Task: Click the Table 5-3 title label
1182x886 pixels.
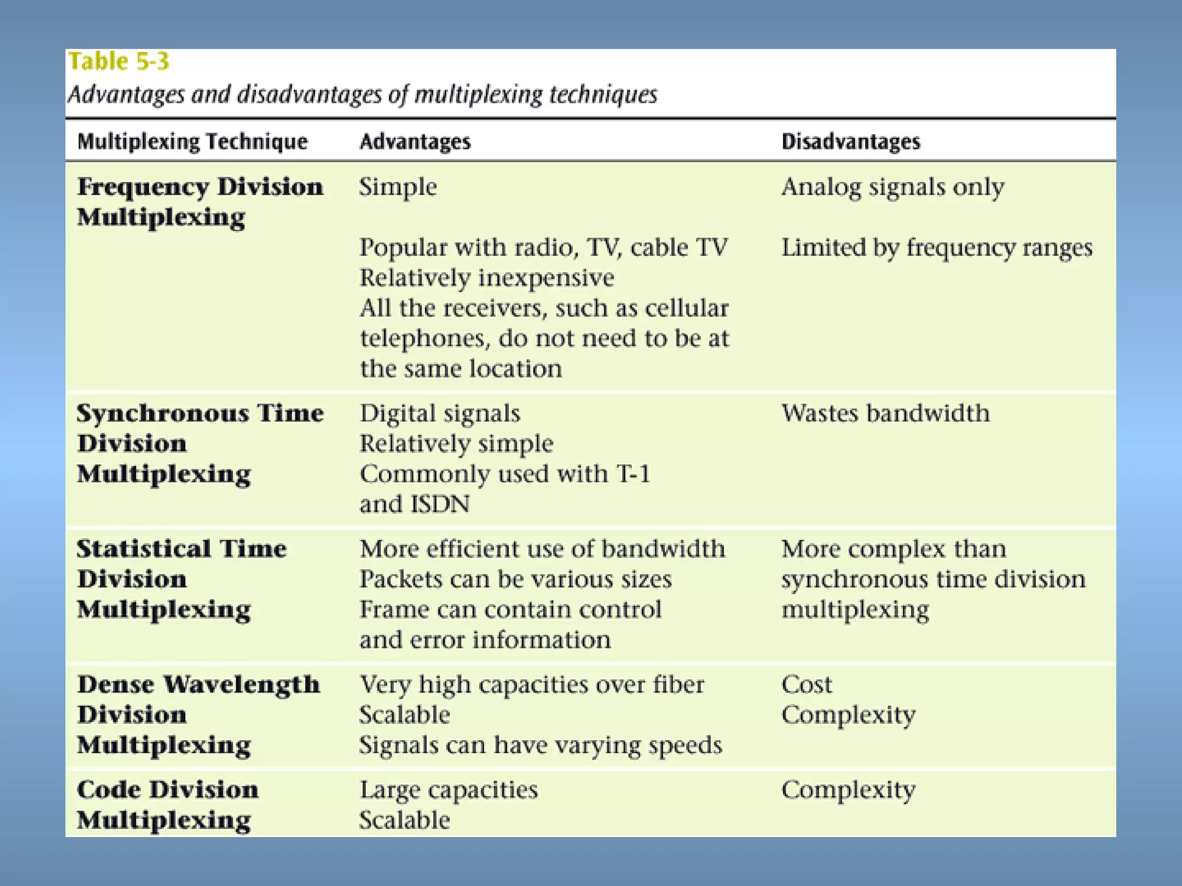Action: pyautogui.click(x=119, y=62)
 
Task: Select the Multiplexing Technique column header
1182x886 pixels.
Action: pyautogui.click(x=192, y=142)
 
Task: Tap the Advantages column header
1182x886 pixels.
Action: pyautogui.click(x=415, y=142)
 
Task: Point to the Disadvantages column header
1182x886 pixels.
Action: pyautogui.click(x=851, y=142)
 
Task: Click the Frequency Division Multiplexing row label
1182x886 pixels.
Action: pyautogui.click(x=200, y=202)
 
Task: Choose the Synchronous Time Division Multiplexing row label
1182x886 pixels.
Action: pyautogui.click(x=200, y=444)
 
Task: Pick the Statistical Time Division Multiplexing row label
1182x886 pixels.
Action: pyautogui.click(x=181, y=579)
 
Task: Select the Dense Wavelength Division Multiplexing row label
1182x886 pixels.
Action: pyautogui.click(x=198, y=715)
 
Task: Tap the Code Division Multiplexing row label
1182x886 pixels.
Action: pyautogui.click(x=167, y=805)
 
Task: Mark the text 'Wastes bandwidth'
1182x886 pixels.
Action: pyautogui.click(x=885, y=414)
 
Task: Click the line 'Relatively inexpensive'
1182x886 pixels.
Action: pyautogui.click(x=487, y=278)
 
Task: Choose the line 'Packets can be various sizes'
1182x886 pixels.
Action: pyautogui.click(x=515, y=579)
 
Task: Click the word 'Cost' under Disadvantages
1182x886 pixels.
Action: pyautogui.click(x=807, y=685)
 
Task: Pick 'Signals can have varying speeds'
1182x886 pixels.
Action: pyautogui.click(x=540, y=745)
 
